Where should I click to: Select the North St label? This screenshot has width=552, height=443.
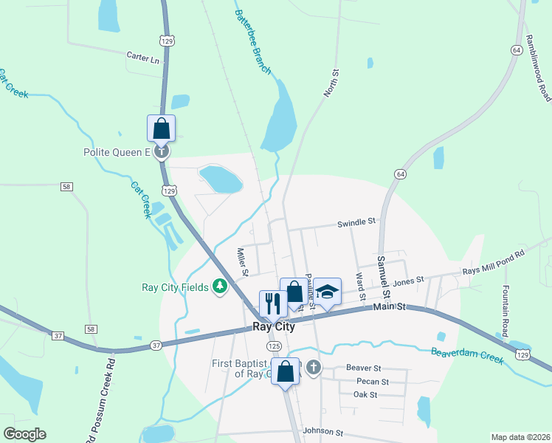[x=331, y=83]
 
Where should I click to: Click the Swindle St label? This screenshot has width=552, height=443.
[x=356, y=221]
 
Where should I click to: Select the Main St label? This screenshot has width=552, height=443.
[x=390, y=307]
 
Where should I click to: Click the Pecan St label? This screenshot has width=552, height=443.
[x=372, y=382]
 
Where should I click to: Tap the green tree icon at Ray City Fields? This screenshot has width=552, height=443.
[x=219, y=286]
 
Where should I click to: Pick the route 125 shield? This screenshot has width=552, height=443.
[x=274, y=346]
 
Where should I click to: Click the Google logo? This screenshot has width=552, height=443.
[x=24, y=434]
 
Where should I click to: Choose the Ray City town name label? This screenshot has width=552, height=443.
[x=274, y=326]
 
